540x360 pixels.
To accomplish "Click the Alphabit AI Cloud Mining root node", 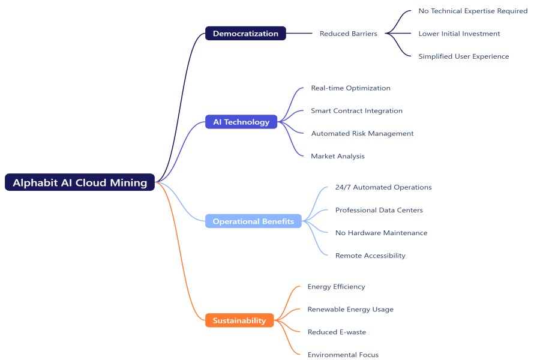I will [80, 182].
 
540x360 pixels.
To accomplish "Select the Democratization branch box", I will [245, 34].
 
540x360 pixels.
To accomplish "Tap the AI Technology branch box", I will [241, 122].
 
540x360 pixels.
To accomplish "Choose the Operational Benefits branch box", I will [253, 221].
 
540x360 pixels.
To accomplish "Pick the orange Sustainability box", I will [239, 320].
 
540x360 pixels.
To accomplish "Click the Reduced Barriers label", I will [348, 34].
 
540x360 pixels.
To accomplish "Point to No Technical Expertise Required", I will [473, 11].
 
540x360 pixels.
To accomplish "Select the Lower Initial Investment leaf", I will [459, 34].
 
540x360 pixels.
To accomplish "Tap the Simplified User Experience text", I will [463, 56].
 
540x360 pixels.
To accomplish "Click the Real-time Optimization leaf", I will [350, 88].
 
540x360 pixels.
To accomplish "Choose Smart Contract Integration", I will [356, 111].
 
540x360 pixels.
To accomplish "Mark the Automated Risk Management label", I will [362, 133].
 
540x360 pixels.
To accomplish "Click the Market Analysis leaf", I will [337, 156].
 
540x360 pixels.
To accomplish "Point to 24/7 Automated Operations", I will [383, 187].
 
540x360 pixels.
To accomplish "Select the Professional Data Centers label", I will [379, 210].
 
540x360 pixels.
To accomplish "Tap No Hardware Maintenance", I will [381, 233].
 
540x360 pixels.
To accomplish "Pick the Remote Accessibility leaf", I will [370, 256].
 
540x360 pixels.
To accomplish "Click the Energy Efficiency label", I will [336, 287].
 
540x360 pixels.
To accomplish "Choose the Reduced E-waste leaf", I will [337, 332].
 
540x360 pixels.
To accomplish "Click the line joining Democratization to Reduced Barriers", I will [299, 34].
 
